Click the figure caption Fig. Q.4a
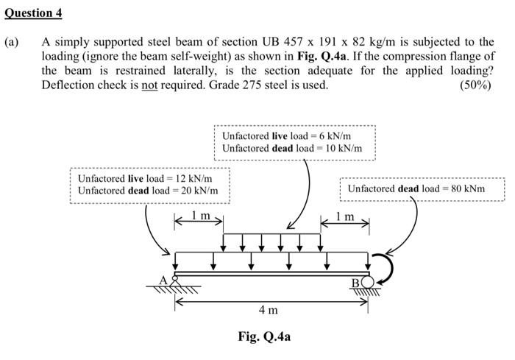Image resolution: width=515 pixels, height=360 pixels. pyautogui.click(x=264, y=336)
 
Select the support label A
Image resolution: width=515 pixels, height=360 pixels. pyautogui.click(x=165, y=279)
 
